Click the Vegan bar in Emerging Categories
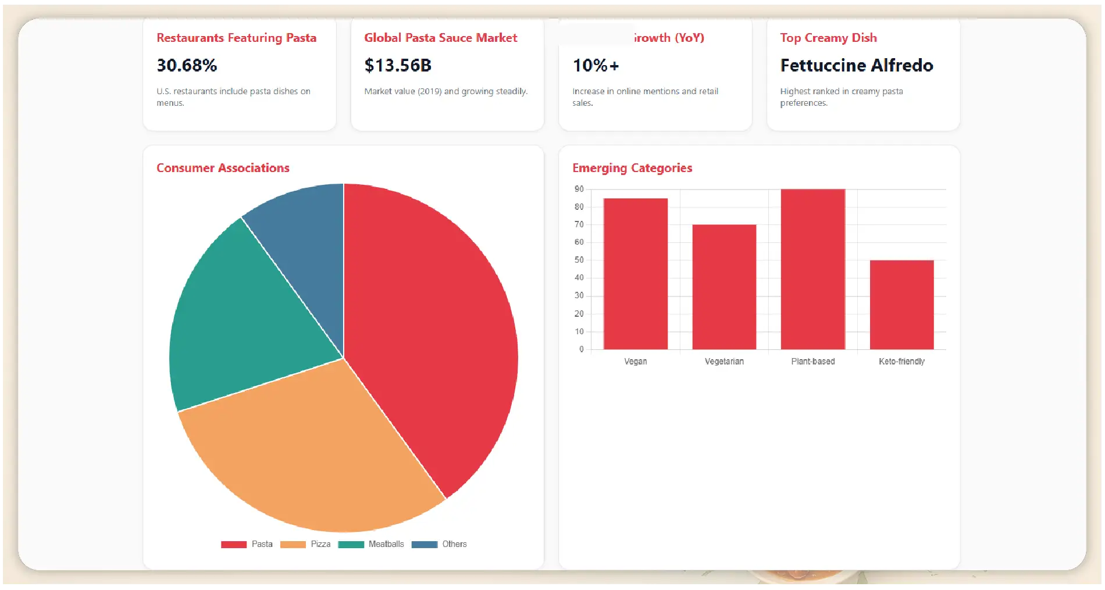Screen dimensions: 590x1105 coord(635,274)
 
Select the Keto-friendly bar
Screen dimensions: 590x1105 coord(901,305)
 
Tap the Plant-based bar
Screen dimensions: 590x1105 coord(812,269)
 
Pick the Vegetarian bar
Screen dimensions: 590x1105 coord(724,287)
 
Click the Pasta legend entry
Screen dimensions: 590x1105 coord(247,544)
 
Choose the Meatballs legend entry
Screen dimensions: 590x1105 coord(372,544)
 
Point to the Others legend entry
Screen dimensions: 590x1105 coord(440,544)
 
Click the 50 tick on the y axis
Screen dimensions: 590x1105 coord(579,260)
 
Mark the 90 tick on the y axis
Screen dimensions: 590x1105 coord(579,189)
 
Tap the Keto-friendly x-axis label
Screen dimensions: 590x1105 coord(901,362)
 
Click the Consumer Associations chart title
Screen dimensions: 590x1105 coord(223,168)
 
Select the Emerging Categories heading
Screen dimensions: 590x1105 coord(632,168)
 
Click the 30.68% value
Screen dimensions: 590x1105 coord(187,65)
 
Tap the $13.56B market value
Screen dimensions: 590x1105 coord(398,65)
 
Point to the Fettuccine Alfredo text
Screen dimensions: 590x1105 coord(856,65)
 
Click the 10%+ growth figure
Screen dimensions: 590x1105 coord(596,65)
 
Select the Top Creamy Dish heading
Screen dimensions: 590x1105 coord(828,38)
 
